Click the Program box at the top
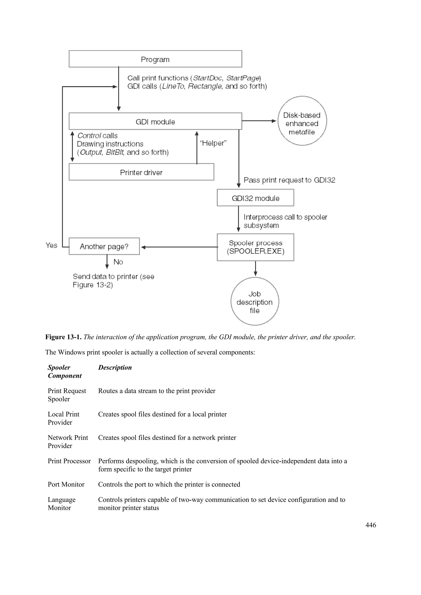point(155,59)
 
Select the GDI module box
point(155,121)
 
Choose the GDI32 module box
point(255,198)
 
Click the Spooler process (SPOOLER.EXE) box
point(255,247)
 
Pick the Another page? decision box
point(104,246)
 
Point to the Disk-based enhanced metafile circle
point(302,121)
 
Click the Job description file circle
point(254,301)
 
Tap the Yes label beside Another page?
point(51,245)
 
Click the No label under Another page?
point(118,262)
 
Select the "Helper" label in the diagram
point(213,143)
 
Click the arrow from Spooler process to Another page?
point(179,247)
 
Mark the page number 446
point(370,525)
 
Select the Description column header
point(115,368)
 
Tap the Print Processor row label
point(69,461)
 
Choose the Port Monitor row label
point(66,484)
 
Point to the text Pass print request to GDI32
point(289,180)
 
